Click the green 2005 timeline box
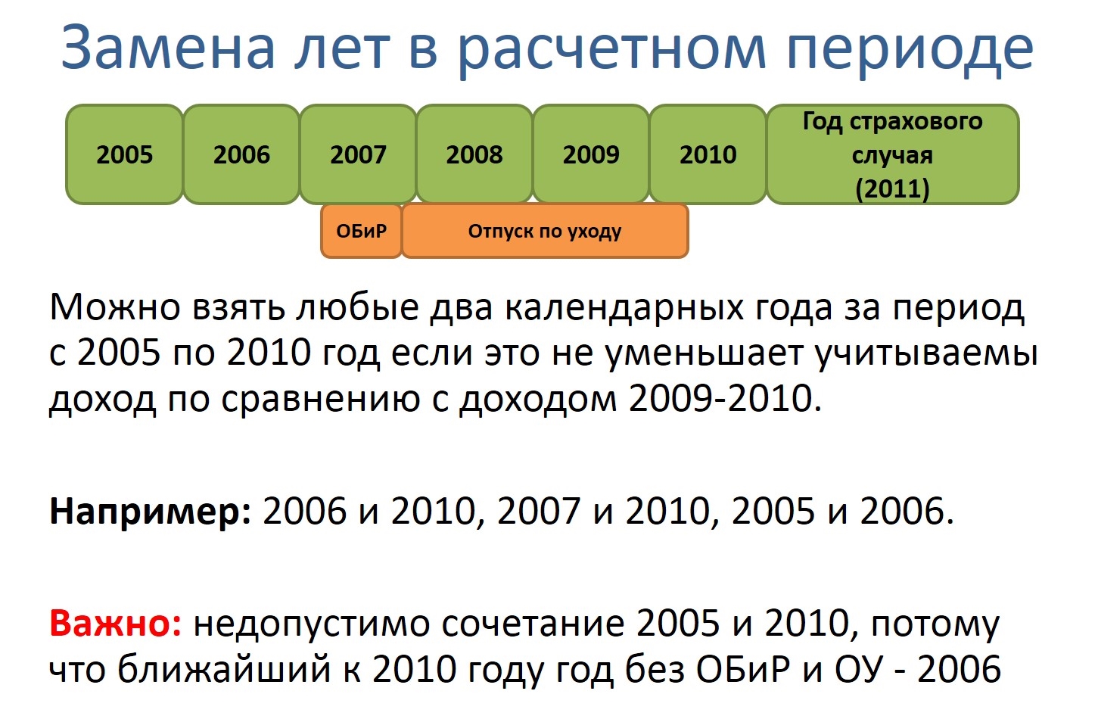[125, 154]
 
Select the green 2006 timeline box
[241, 154]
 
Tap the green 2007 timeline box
[359, 154]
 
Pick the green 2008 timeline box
[474, 154]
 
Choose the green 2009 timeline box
[591, 154]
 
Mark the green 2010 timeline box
[708, 154]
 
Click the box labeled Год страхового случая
[893, 154]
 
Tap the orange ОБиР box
[361, 231]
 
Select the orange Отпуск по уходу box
[545, 231]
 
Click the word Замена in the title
[168, 48]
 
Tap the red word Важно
[116, 624]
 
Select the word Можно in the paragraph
[115, 308]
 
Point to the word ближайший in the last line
[224, 670]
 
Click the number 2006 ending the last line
[959, 670]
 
